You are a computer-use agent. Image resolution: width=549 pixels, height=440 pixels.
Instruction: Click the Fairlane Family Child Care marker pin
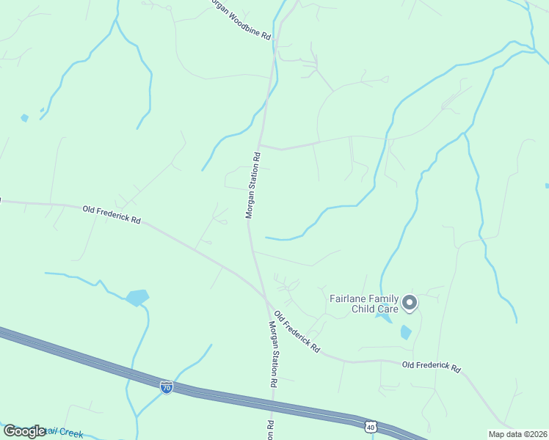click(410, 302)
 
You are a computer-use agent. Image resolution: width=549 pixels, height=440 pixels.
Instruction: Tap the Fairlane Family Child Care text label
click(364, 304)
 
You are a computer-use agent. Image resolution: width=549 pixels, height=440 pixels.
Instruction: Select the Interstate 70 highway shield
click(167, 386)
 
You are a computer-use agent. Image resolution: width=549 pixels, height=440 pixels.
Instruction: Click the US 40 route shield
click(369, 426)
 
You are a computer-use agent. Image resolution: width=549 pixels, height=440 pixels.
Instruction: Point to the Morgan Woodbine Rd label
click(239, 20)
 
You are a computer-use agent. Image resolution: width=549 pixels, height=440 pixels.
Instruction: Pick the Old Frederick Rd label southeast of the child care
click(431, 367)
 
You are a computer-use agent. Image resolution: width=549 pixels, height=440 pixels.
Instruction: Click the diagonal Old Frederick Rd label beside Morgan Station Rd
click(297, 332)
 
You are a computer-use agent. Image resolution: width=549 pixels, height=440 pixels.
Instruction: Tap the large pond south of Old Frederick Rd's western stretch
click(137, 297)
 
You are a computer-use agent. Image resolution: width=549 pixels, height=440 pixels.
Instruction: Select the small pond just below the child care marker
click(406, 332)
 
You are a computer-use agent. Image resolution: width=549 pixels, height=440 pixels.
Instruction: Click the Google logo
click(24, 431)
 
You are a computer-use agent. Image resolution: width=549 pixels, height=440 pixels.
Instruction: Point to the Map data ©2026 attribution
click(517, 434)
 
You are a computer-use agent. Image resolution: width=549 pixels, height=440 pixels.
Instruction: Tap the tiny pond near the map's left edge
click(25, 117)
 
